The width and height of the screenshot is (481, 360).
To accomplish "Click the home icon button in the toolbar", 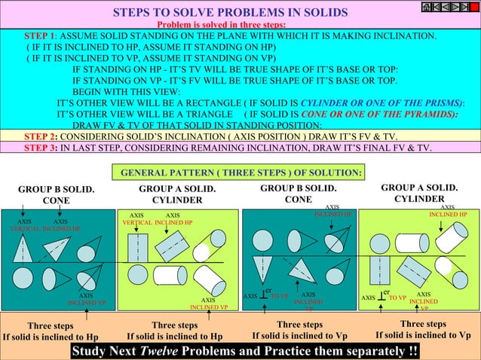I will (426, 7).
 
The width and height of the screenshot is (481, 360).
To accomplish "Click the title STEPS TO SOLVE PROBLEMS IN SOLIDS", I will (230, 14).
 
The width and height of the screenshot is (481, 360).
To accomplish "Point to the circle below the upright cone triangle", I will (25, 276).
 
